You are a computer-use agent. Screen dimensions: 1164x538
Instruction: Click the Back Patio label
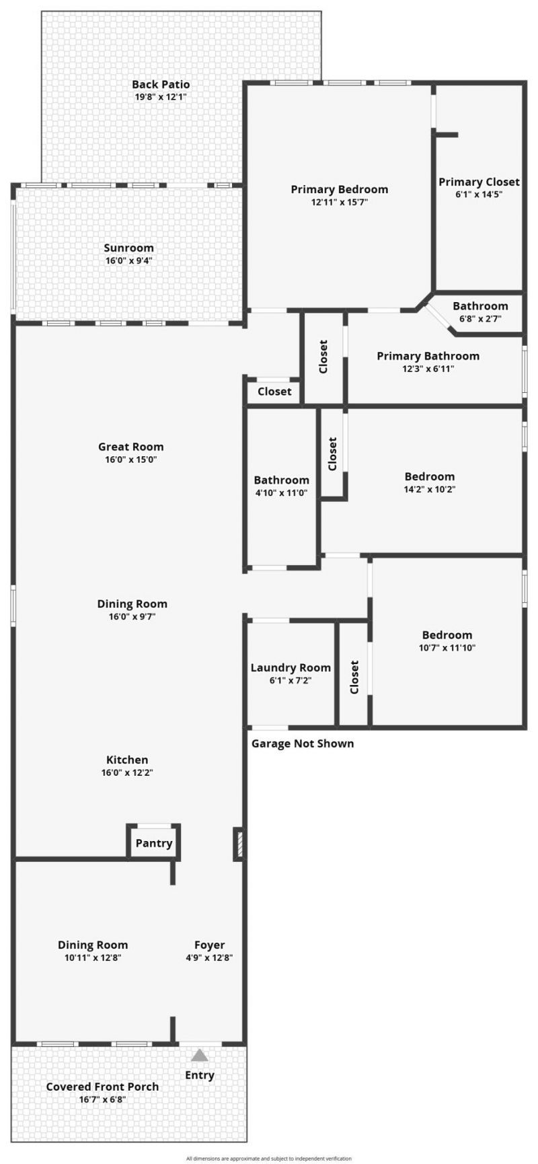(161, 85)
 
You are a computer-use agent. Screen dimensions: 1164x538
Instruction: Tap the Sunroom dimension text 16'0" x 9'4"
(128, 260)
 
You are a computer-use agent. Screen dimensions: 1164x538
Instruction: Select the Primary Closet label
(479, 182)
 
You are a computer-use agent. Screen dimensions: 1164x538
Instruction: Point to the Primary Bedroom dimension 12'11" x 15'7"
(339, 202)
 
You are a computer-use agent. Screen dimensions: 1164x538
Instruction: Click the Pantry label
(154, 843)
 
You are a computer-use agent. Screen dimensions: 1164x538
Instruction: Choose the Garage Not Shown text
(302, 743)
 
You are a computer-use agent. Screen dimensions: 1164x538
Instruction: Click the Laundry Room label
(291, 667)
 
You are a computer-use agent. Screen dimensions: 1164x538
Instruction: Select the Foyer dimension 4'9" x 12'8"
(209, 957)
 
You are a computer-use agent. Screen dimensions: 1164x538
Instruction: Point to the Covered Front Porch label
(102, 1087)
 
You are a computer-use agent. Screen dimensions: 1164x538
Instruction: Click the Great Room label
(130, 447)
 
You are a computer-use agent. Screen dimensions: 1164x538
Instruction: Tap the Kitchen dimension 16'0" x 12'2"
(127, 772)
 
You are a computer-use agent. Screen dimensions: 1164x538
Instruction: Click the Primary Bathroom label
(428, 356)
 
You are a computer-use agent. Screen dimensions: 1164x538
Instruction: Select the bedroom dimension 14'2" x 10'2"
(429, 489)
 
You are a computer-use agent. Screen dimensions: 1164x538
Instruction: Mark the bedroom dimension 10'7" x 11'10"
(447, 648)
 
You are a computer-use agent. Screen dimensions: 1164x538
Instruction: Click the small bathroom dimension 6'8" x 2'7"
(480, 319)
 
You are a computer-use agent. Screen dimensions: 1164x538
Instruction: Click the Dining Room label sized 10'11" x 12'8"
(92, 945)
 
